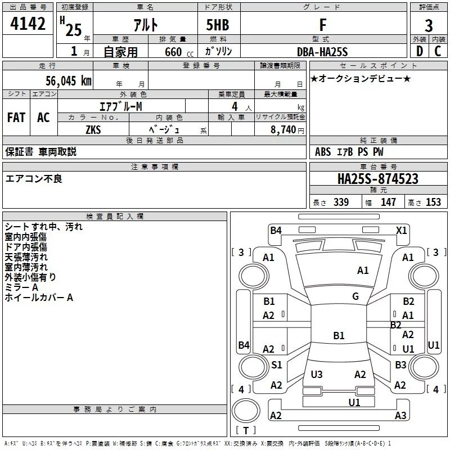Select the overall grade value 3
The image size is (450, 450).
tap(429, 26)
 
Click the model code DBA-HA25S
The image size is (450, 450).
tap(322, 52)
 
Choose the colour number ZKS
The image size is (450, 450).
tap(93, 129)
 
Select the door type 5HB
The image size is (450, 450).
tap(218, 25)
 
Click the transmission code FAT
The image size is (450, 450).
tap(16, 118)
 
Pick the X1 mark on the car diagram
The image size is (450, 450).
tap(401, 230)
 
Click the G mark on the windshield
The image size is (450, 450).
tap(355, 296)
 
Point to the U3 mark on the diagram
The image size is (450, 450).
tap(317, 374)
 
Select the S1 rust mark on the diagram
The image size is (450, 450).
tap(276, 365)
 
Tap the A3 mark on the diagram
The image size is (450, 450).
tap(400, 416)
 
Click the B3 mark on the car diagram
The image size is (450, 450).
tap(400, 365)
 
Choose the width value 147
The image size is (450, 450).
tap(388, 202)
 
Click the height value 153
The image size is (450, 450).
tap(433, 202)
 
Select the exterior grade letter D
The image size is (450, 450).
tap(419, 52)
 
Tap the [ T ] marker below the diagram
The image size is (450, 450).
tap(245, 430)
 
